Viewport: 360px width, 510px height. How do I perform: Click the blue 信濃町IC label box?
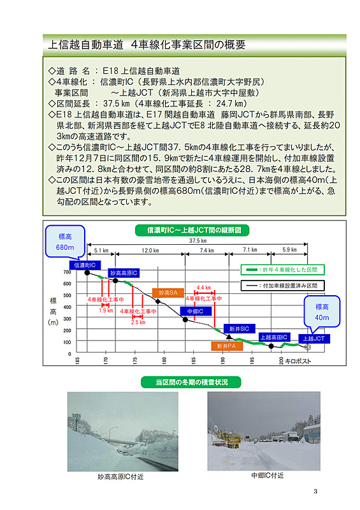pyautogui.click(x=83, y=265)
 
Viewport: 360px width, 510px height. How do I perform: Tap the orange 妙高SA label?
pyautogui.click(x=168, y=293)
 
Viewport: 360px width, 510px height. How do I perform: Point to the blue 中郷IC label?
pyautogui.click(x=195, y=311)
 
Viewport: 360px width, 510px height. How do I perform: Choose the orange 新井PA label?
pyautogui.click(x=222, y=346)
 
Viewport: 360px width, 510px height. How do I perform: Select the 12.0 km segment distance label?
pyautogui.click(x=150, y=251)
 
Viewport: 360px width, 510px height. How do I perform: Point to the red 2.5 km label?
pyautogui.click(x=138, y=322)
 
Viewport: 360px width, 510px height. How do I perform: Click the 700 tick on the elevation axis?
pyautogui.click(x=67, y=272)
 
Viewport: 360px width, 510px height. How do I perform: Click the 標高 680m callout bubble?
pyautogui.click(x=66, y=241)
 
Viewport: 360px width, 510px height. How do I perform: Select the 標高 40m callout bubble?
pyautogui.click(x=322, y=312)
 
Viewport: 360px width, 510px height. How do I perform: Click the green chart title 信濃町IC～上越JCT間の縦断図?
pyautogui.click(x=193, y=229)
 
